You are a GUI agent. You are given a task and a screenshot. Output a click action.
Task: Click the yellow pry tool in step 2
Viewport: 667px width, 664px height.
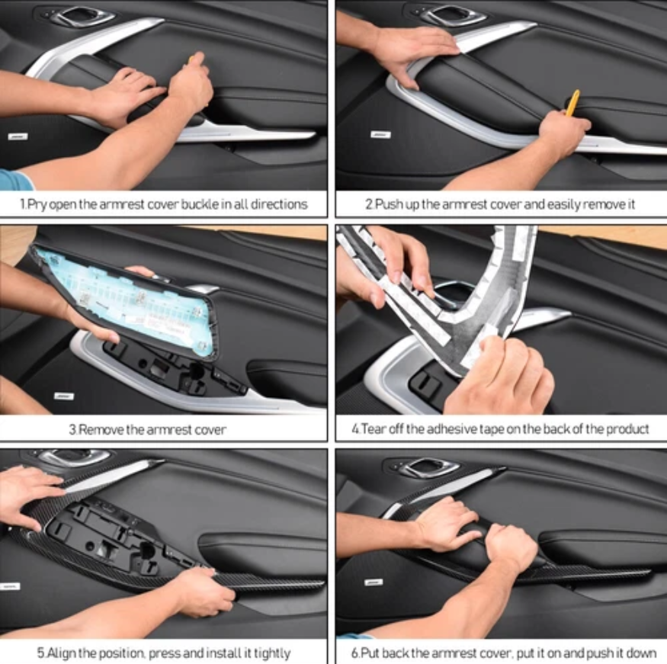click(572, 102)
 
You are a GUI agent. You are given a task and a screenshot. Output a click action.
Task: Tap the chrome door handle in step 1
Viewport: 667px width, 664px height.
click(83, 16)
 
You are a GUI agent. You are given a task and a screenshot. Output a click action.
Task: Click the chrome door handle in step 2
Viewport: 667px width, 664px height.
click(454, 16)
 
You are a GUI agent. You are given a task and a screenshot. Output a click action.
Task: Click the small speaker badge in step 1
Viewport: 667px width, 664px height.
click(18, 136)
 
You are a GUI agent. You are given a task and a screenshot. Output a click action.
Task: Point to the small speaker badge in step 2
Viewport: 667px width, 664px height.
click(380, 135)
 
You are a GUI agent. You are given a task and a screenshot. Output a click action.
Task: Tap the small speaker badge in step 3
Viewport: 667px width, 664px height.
click(64, 396)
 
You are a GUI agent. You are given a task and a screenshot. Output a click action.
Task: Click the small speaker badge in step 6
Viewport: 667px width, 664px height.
click(374, 582)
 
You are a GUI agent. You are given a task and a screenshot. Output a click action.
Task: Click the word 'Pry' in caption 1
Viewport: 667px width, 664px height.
click(37, 204)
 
